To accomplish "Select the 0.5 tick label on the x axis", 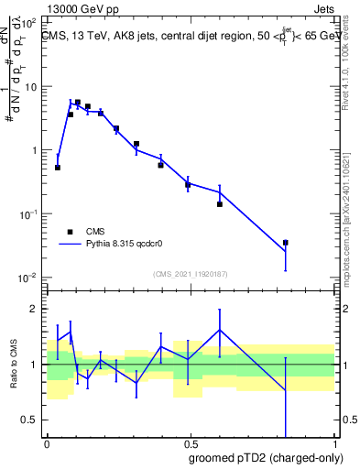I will click(191, 442).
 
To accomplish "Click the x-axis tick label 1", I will click(334, 442).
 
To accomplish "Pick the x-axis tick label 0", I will click(48, 442).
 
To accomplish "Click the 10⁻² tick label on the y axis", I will click(27, 277).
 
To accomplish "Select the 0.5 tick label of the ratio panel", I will click(31, 420).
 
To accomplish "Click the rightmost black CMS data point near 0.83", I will click(286, 243).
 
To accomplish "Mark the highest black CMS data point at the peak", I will click(78, 103).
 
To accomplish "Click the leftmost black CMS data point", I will click(58, 168).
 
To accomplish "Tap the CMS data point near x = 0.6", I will click(220, 204).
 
